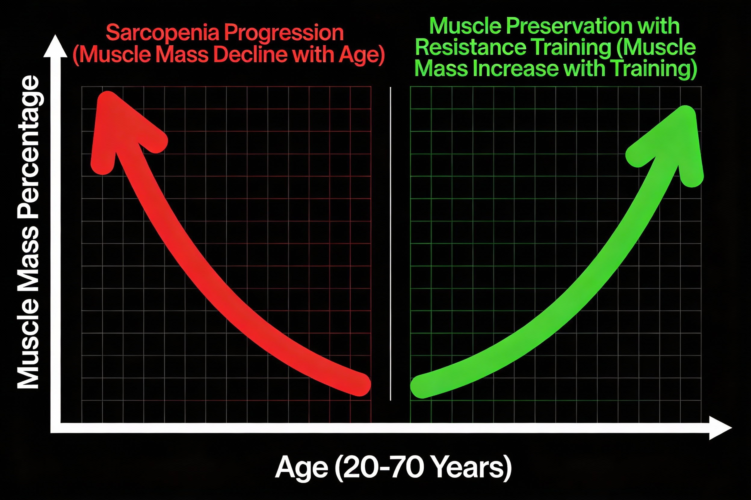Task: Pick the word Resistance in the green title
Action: point(471,47)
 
